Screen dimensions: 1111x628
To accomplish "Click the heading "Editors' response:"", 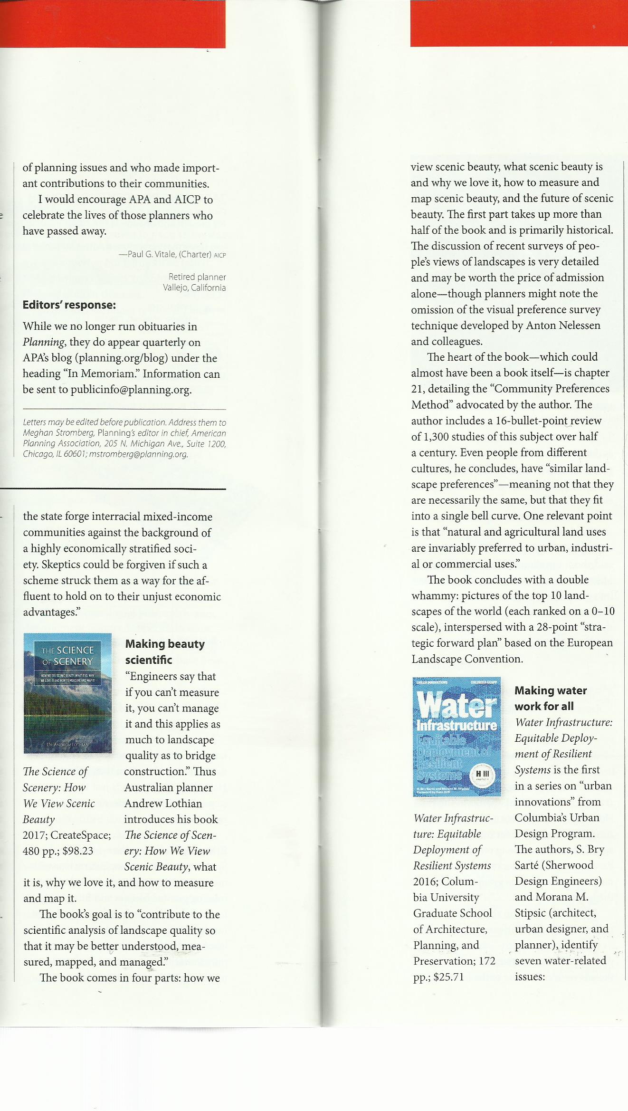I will coord(69,305).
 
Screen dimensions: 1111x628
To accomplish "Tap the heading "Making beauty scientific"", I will coord(165,652).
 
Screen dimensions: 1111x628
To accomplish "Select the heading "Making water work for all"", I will coord(551,698).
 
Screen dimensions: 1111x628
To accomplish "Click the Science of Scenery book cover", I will coord(67,693).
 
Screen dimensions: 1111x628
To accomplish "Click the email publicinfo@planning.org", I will coord(131,390).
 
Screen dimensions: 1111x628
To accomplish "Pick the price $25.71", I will coord(445,977).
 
